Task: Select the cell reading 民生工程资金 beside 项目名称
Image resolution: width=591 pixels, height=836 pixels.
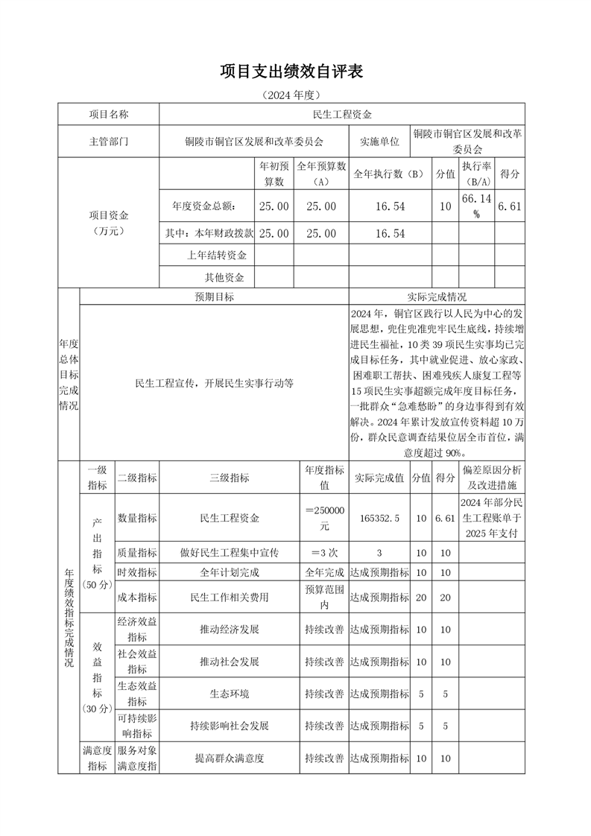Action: [x=342, y=114]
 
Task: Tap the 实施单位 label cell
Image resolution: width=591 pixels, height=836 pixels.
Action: [x=379, y=141]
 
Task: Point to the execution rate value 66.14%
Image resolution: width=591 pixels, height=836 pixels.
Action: [x=476, y=206]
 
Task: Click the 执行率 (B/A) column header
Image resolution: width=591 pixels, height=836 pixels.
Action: [x=476, y=174]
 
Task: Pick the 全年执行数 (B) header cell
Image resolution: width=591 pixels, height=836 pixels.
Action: [x=388, y=174]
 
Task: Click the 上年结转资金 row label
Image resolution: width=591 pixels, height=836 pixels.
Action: [x=217, y=256]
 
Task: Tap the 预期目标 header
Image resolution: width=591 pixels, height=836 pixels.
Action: [x=214, y=297]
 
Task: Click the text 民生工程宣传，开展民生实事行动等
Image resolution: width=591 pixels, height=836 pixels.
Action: [x=214, y=383]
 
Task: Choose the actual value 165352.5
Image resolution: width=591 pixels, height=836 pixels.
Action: [x=379, y=517]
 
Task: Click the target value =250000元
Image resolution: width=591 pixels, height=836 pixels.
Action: [x=324, y=517]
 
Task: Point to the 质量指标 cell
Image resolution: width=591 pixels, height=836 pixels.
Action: [x=137, y=553]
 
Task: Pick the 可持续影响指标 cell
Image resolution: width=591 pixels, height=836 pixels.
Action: [x=137, y=726]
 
